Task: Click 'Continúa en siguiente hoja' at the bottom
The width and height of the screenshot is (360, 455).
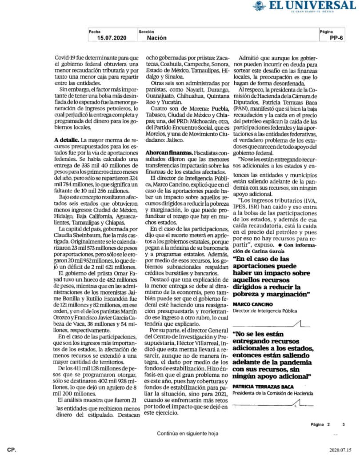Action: (x=187, y=433)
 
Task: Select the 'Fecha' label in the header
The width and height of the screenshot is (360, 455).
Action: (x=95, y=32)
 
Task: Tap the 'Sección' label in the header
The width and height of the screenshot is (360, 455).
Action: (x=146, y=32)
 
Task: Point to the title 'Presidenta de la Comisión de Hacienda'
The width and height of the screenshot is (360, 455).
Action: (x=273, y=393)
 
